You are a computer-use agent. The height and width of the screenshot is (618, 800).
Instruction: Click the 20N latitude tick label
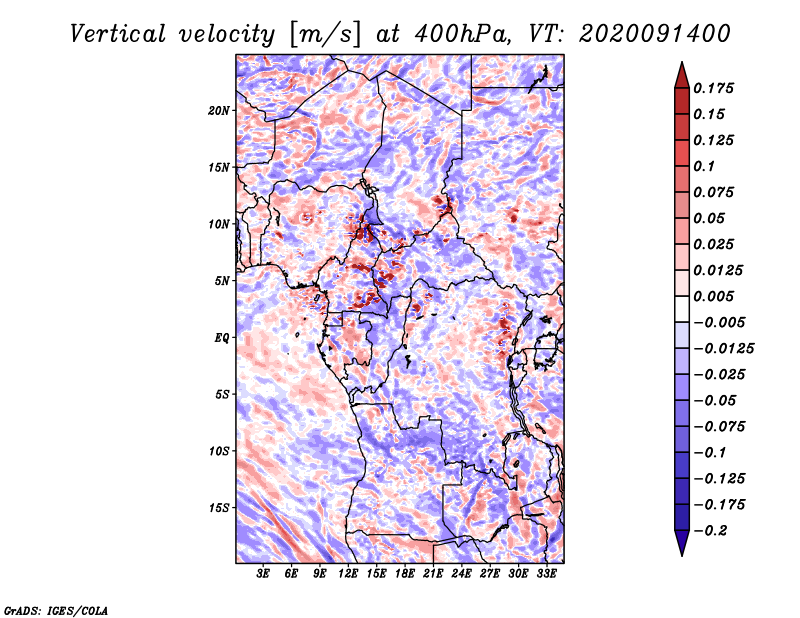click(219, 111)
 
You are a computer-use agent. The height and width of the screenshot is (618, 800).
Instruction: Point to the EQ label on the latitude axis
click(221, 338)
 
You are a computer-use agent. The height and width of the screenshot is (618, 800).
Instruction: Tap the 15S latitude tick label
click(219, 508)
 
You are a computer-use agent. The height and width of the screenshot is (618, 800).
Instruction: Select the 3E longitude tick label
click(263, 574)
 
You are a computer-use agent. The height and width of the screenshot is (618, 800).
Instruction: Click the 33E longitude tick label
click(546, 574)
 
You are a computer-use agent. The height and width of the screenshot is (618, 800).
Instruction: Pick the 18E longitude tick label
click(405, 574)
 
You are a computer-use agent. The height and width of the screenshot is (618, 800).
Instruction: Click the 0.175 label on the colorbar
click(713, 88)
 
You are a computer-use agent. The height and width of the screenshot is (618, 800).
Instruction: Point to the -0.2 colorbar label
click(711, 531)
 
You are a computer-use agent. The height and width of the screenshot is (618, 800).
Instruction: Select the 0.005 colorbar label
click(713, 296)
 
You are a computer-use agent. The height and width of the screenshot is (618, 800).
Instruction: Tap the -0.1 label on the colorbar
click(710, 453)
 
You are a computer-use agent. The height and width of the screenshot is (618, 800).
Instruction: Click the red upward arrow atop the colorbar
click(682, 75)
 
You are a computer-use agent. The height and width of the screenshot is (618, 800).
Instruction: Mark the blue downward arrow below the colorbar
click(682, 543)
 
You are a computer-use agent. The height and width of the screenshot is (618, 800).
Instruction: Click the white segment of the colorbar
click(682, 309)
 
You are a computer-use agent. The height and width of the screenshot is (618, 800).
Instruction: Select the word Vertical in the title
click(118, 34)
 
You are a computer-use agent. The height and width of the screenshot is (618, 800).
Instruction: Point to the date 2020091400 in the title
click(655, 34)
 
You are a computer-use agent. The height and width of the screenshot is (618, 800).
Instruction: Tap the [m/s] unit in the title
click(325, 35)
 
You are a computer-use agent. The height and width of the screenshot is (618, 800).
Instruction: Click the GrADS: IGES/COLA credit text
click(56, 610)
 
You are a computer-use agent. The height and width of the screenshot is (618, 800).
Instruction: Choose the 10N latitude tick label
click(219, 224)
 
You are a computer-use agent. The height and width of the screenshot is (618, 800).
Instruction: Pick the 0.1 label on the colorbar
click(704, 166)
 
